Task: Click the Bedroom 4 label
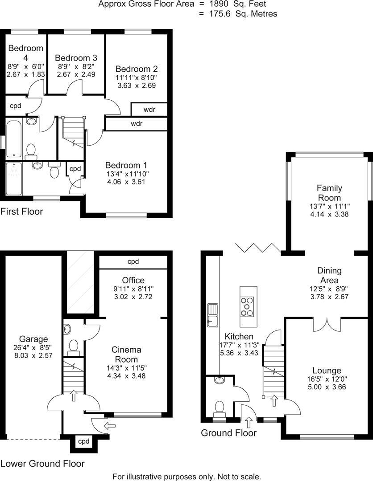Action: pos(25,53)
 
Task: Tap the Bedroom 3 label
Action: pos(76,58)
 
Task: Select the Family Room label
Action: pos(329,193)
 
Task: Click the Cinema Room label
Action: pos(127,355)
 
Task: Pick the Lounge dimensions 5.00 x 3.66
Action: pos(327,387)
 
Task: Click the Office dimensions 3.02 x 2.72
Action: pos(133,297)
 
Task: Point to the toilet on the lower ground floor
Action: pos(74,346)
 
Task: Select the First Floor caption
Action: pos(21,211)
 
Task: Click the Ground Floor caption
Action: pos(228,433)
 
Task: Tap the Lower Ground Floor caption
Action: pos(42,463)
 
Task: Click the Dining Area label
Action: pos(329,275)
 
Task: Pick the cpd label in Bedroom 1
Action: pos(75,169)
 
